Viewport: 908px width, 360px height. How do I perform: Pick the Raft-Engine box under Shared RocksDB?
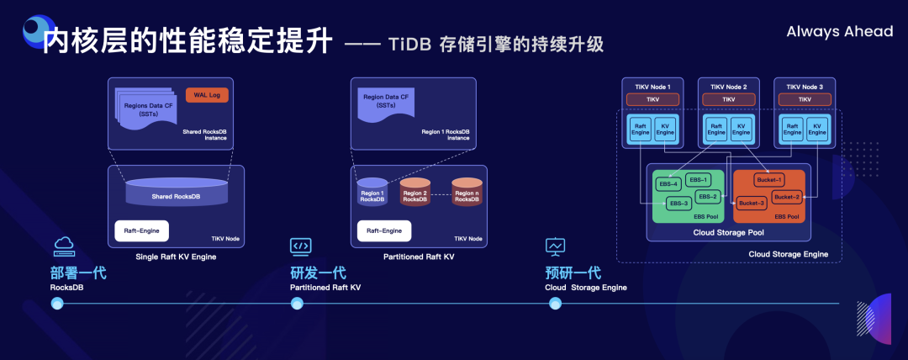pyautogui.click(x=142, y=230)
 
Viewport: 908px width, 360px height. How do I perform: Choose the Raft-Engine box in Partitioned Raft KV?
pyautogui.click(x=384, y=230)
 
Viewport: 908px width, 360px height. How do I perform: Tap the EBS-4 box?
pyautogui.click(x=669, y=183)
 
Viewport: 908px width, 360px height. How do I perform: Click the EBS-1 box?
pyautogui.click(x=699, y=180)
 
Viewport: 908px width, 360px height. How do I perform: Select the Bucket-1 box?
pyautogui.click(x=768, y=180)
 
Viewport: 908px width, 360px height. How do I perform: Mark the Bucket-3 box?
pyautogui.click(x=752, y=203)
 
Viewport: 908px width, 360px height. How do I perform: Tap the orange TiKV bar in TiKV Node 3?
pyautogui.click(x=805, y=99)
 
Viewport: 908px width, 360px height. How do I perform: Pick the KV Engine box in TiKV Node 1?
pyautogui.click(x=663, y=128)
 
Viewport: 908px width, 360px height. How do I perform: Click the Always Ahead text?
pyautogui.click(x=839, y=31)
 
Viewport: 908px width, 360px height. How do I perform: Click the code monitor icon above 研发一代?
pyautogui.click(x=300, y=246)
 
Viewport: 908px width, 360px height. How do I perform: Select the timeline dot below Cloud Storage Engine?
pyautogui.click(x=554, y=304)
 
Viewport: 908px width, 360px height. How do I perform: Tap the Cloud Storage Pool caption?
pyautogui.click(x=728, y=233)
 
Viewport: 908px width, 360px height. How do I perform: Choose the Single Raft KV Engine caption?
pyautogui.click(x=176, y=257)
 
